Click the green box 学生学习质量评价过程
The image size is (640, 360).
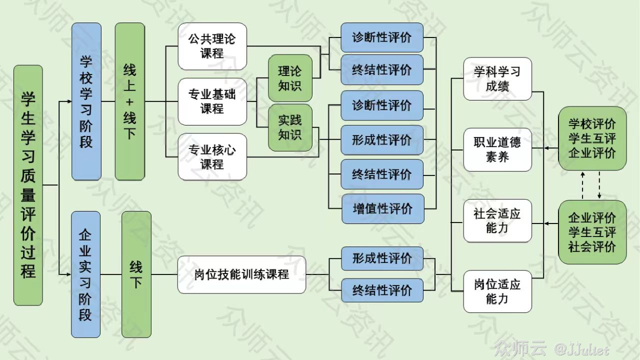pyautogui.click(x=28, y=185)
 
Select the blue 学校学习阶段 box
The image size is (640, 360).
pyautogui.click(x=86, y=101)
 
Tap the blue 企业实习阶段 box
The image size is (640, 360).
pyautogui.click(x=85, y=274)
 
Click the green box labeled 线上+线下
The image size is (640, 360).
pyautogui.click(x=129, y=101)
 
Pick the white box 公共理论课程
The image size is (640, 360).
pyautogui.click(x=212, y=46)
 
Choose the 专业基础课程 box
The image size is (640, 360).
pyautogui.click(x=212, y=101)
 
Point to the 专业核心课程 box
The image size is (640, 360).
pyautogui.click(x=212, y=156)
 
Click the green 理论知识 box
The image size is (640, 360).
pyautogui.click(x=290, y=78)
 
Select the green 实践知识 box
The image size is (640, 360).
pyautogui.click(x=290, y=127)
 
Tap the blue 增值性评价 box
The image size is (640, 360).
pyautogui.click(x=382, y=208)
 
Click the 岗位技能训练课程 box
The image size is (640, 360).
pyautogui.click(x=241, y=274)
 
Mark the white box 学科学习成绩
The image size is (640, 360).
pyautogui.click(x=497, y=78)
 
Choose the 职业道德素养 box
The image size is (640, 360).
pyautogui.click(x=497, y=149)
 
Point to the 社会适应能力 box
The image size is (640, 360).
pyautogui.click(x=497, y=221)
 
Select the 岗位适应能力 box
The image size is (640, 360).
pyautogui.click(x=497, y=291)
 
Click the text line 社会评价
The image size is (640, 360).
pyautogui.click(x=592, y=247)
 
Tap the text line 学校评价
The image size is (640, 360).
pyautogui.click(x=592, y=123)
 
